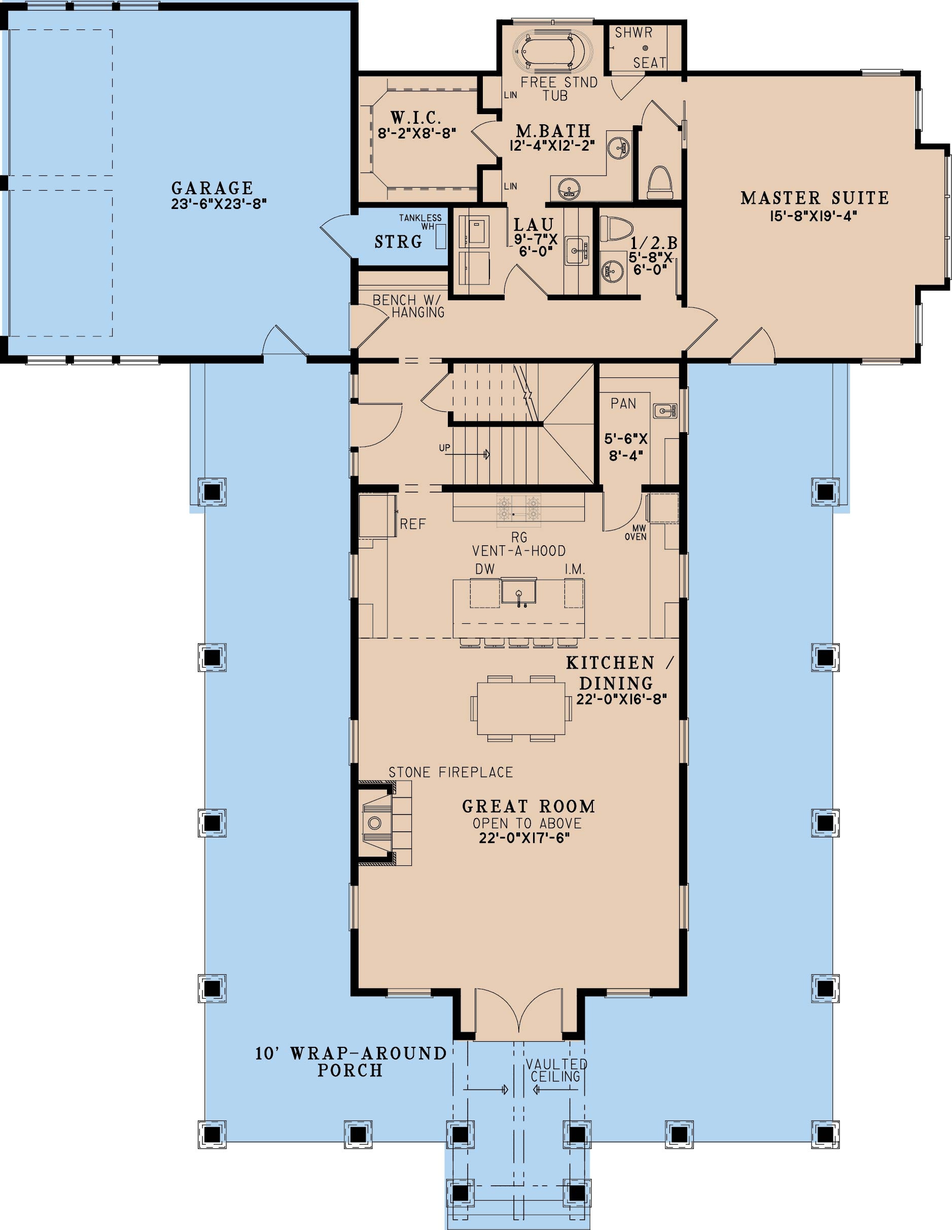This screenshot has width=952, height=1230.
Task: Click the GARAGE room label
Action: (x=213, y=188)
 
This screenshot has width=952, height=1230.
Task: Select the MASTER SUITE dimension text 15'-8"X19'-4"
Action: (x=814, y=215)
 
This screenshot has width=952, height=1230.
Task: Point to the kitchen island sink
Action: (x=518, y=592)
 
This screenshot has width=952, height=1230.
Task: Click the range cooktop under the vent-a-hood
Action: (x=518, y=509)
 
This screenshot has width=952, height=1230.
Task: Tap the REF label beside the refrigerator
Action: (x=412, y=524)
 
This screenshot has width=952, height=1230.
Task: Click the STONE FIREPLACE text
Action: (x=451, y=772)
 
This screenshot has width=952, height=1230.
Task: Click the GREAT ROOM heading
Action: (x=528, y=806)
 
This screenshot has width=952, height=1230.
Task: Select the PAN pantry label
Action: (x=623, y=403)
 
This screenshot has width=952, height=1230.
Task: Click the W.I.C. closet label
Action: (x=416, y=118)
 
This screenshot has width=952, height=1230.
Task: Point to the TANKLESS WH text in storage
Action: (x=421, y=221)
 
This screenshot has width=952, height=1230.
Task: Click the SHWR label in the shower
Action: (x=633, y=32)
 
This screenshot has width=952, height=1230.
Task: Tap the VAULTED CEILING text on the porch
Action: (x=556, y=1070)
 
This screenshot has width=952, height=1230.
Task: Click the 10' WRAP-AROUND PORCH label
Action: (x=350, y=1062)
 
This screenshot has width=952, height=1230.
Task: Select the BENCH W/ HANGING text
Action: (x=408, y=306)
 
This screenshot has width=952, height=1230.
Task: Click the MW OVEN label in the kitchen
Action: (x=636, y=532)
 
